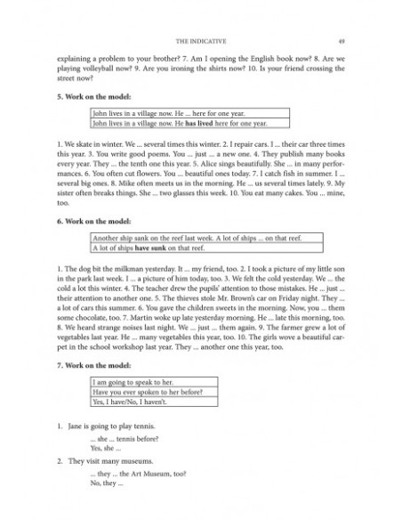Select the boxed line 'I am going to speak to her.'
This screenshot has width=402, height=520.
coord(139,380)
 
